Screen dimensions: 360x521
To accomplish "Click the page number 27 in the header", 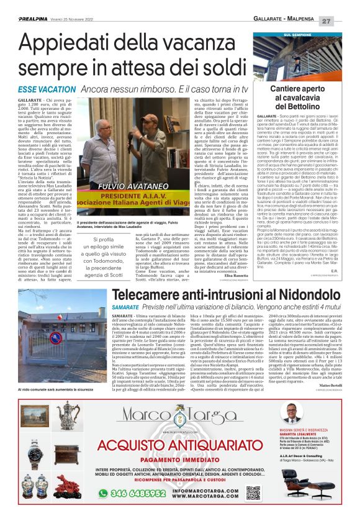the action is point(345,21).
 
